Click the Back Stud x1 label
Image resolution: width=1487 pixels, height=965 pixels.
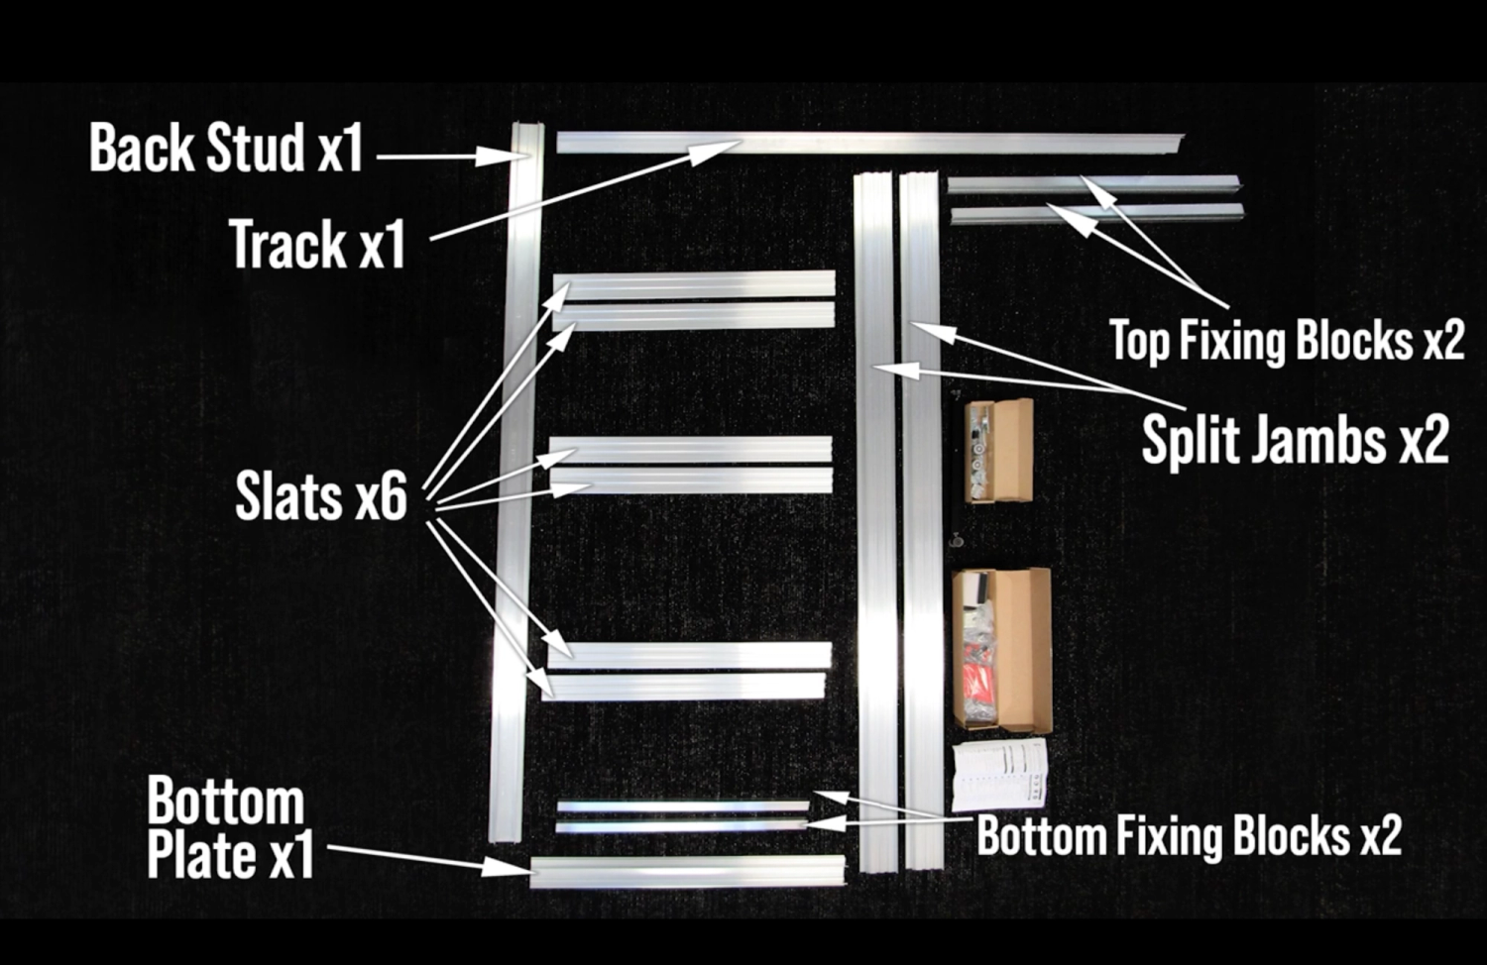226,149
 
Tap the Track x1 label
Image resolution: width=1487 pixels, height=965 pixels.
317,244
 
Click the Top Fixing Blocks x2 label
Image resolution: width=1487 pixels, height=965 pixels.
1286,340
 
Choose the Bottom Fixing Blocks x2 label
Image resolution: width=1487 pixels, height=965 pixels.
1189,835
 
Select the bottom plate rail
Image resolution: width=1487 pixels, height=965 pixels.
687,871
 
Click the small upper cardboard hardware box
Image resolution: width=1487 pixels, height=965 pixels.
1000,451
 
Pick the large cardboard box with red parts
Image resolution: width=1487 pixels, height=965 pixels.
1001,649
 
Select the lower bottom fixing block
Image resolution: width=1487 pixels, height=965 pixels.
682,825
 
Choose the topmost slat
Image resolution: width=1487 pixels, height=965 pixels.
694,284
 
